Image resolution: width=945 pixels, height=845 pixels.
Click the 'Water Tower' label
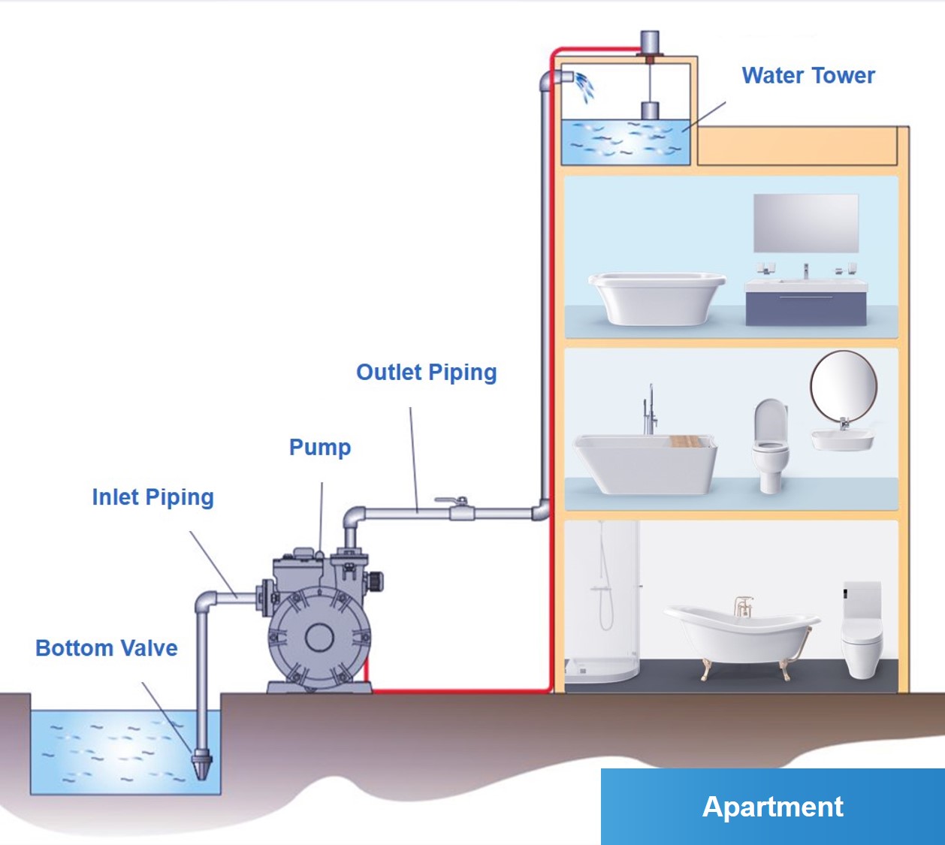pyautogui.click(x=808, y=76)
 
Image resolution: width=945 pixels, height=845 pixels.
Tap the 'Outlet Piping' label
pyautogui.click(x=427, y=372)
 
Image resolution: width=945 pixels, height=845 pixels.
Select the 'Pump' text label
pyautogui.click(x=320, y=447)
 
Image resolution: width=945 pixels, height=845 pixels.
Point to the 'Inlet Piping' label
pyautogui.click(x=153, y=497)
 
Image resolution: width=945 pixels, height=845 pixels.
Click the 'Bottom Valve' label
pyautogui.click(x=107, y=648)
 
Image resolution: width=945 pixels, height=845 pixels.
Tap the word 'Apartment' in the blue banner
pyautogui.click(x=772, y=807)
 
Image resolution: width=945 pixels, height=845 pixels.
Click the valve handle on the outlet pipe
pyautogui.click(x=451, y=500)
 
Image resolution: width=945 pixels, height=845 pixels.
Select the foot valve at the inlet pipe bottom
pyautogui.click(x=202, y=764)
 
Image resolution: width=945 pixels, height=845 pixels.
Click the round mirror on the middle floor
pyautogui.click(x=844, y=387)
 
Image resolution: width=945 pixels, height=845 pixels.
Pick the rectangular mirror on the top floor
pyautogui.click(x=806, y=223)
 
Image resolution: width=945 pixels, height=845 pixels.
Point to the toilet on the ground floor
pyautogui.click(x=862, y=629)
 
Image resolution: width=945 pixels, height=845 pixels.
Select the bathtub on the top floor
pyautogui.click(x=657, y=298)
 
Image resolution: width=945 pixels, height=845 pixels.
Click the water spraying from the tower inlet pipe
pyautogui.click(x=584, y=87)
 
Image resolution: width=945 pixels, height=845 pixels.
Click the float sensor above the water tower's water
pyautogui.click(x=650, y=111)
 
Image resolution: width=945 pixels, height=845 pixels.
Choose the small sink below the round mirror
pyautogui.click(x=842, y=439)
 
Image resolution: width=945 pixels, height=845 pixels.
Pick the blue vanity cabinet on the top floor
pyautogui.click(x=806, y=308)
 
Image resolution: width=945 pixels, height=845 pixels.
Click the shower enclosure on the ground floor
pyautogui.click(x=602, y=602)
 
